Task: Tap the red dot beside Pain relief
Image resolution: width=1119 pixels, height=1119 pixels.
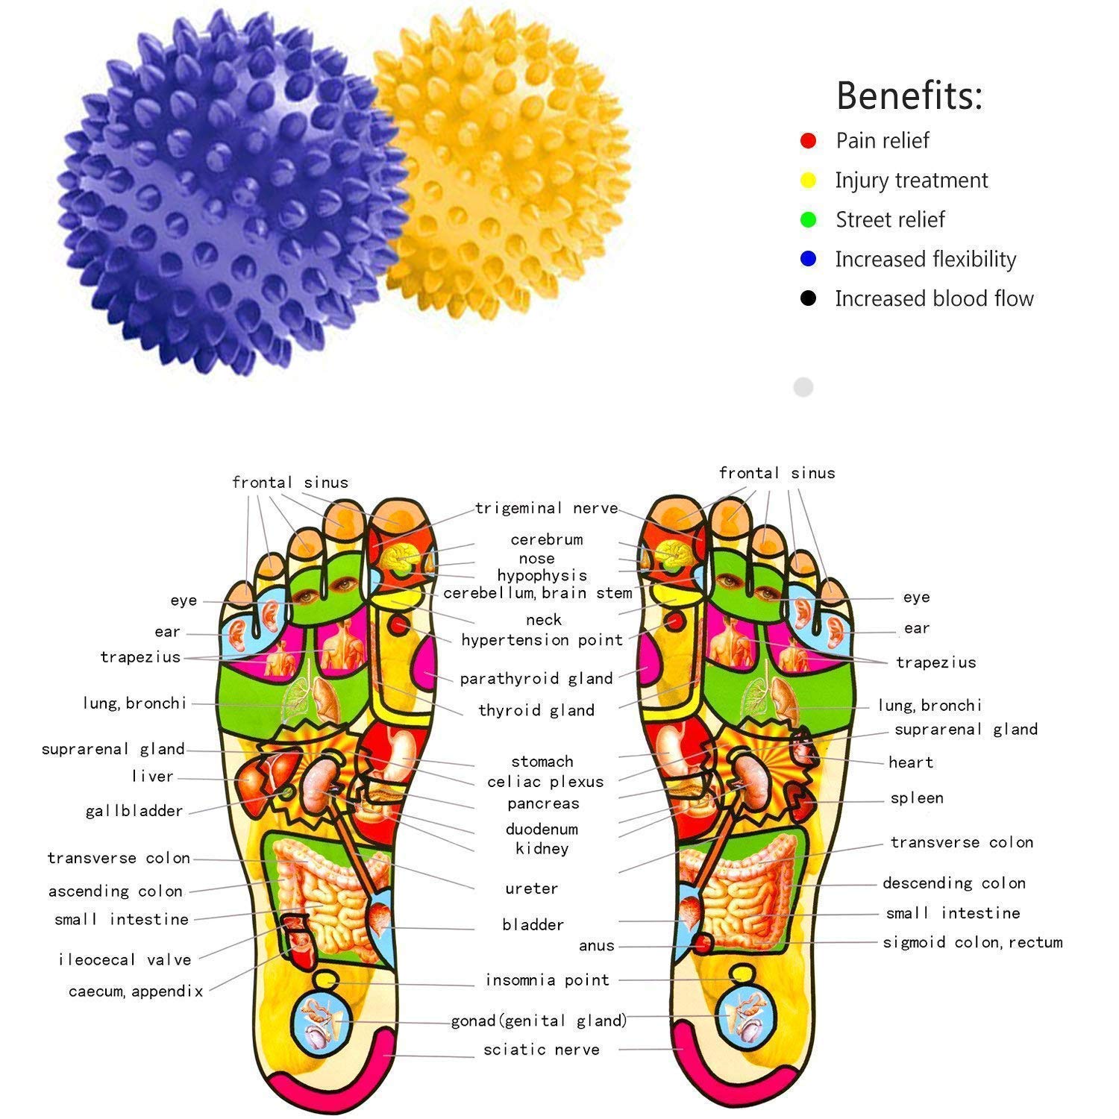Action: (808, 140)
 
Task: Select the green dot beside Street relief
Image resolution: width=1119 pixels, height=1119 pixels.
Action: (808, 219)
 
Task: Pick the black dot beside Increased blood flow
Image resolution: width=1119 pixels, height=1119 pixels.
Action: (808, 298)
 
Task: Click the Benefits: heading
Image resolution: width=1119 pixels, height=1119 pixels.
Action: (909, 95)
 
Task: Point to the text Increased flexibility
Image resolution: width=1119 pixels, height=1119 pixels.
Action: (925, 259)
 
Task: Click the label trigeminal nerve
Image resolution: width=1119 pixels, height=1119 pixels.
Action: (547, 509)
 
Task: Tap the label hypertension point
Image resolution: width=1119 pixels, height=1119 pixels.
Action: (542, 640)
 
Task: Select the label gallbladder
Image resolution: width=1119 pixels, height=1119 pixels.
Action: (134, 811)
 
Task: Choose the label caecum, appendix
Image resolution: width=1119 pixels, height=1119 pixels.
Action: (136, 991)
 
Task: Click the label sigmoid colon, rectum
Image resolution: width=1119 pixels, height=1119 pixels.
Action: (973, 942)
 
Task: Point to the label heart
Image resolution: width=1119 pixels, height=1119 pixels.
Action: (911, 762)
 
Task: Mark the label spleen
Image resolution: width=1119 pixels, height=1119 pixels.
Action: (917, 798)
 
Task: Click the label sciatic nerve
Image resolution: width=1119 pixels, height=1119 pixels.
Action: (542, 1050)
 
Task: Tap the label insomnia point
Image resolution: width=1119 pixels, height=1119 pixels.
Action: (548, 980)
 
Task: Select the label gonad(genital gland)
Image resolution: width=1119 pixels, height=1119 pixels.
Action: (539, 1021)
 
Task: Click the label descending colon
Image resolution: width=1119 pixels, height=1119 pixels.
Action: (954, 883)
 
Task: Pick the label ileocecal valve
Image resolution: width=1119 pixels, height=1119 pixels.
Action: (125, 960)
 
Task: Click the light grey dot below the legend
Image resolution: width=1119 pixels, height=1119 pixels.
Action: (803, 387)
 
